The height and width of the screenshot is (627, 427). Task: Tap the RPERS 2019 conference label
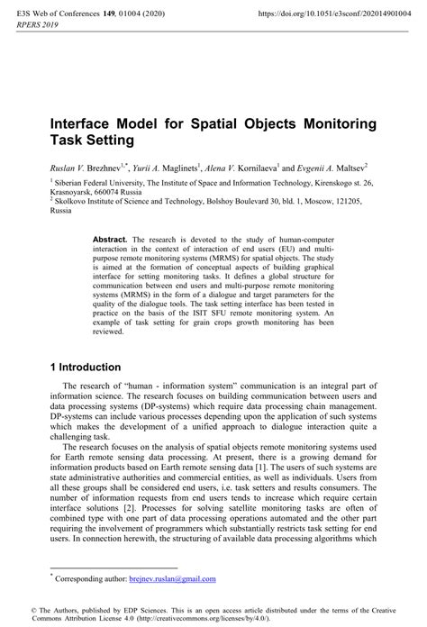pyautogui.click(x=32, y=27)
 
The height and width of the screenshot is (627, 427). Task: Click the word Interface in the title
pyautogui.click(x=85, y=123)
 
